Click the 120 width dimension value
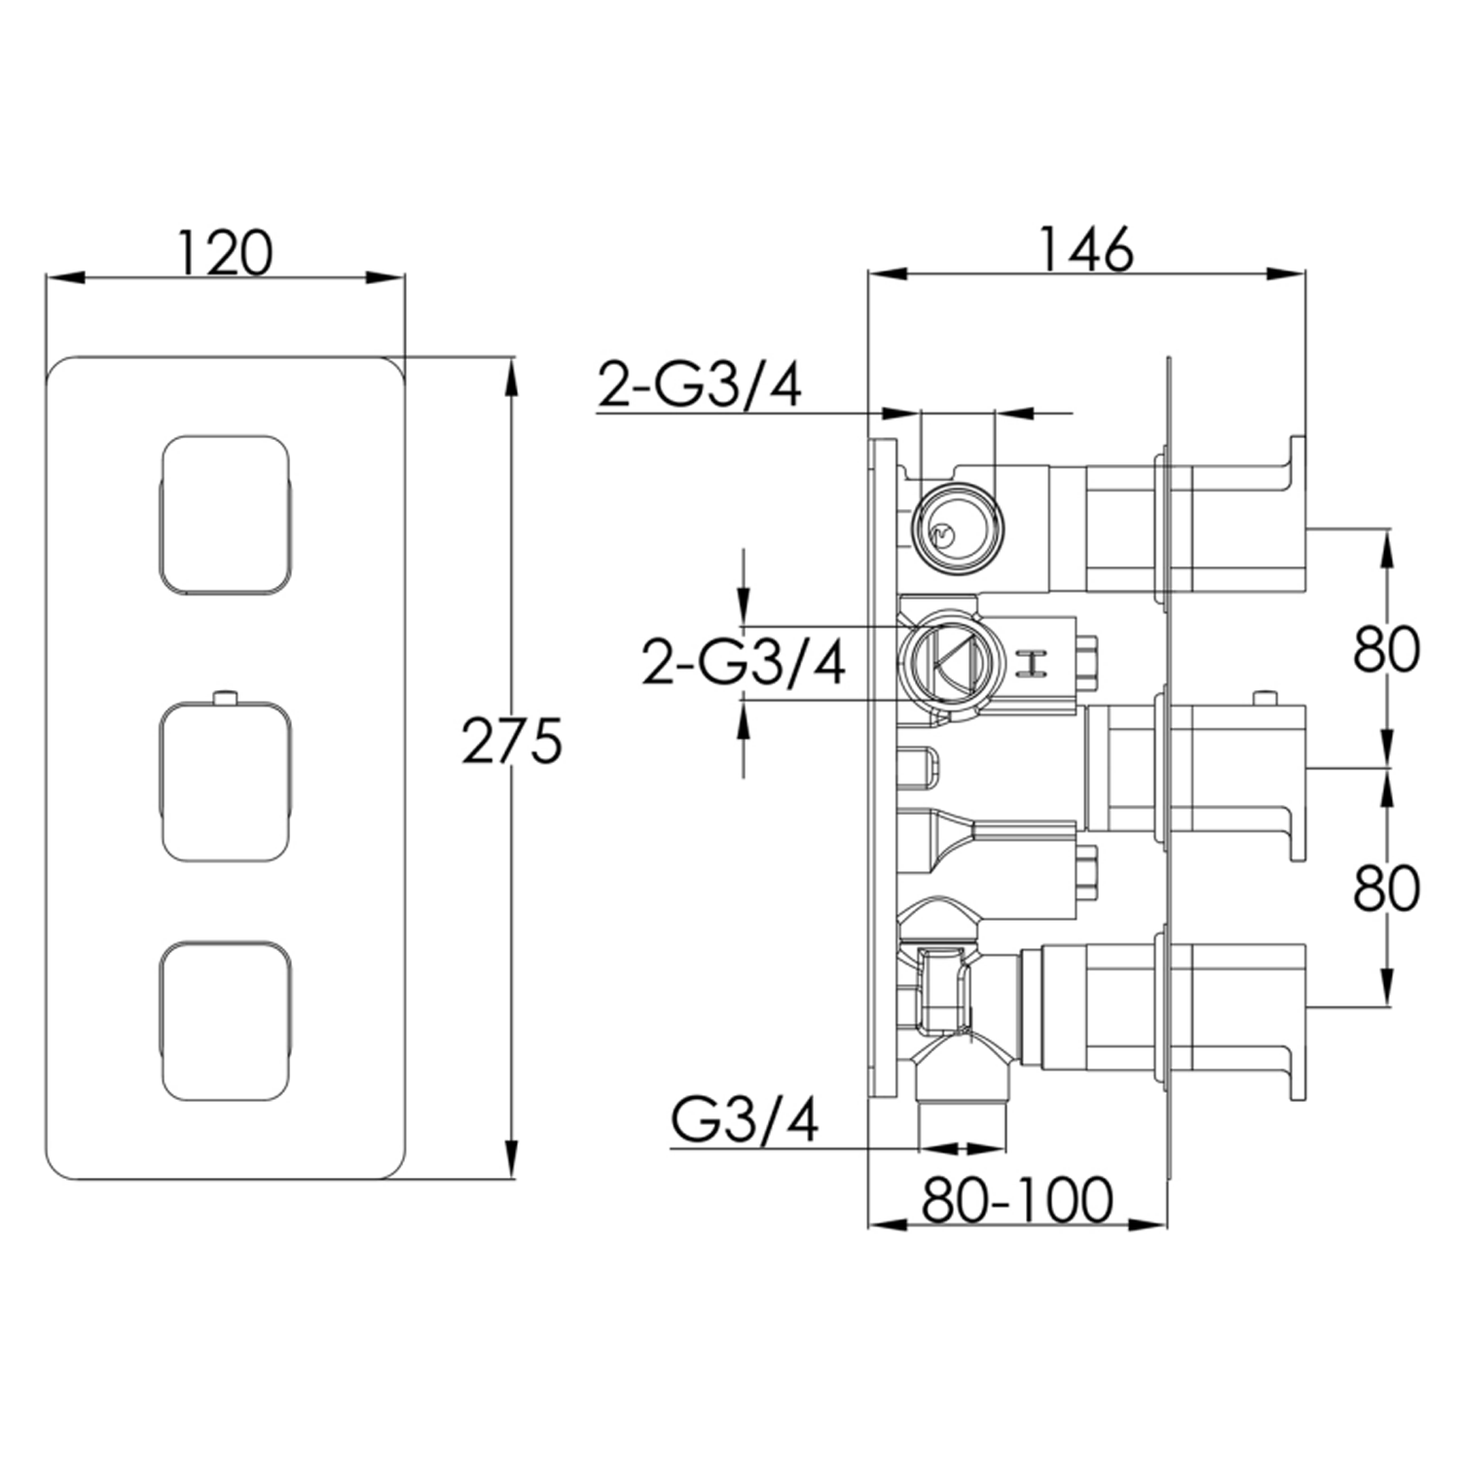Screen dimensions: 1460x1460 [225, 252]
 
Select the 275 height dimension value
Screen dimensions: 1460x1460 [512, 742]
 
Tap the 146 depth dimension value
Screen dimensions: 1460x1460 [1086, 250]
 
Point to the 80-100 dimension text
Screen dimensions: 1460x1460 [1017, 1199]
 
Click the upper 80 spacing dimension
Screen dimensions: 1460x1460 [1386, 649]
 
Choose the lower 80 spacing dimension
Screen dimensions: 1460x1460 [1386, 888]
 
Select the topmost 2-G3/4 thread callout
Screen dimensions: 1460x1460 [700, 385]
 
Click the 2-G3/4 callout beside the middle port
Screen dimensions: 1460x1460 [744, 665]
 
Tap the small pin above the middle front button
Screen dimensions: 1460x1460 [225, 696]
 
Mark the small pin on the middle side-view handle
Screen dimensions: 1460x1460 [1264, 697]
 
